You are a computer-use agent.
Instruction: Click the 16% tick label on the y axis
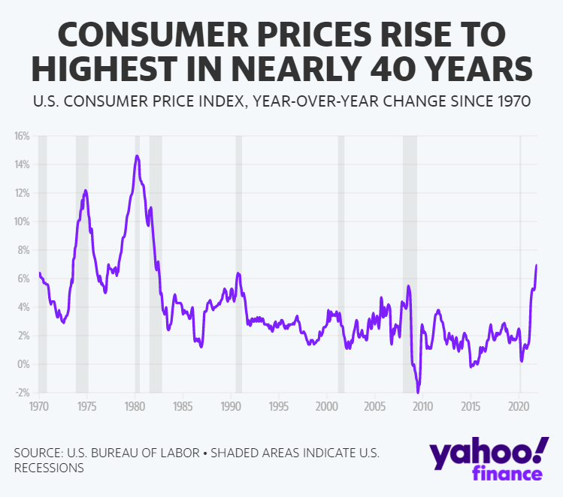pyautogui.click(x=20, y=136)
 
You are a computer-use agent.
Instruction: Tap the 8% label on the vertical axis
pyautogui.click(x=22, y=250)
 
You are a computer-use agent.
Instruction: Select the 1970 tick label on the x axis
pyautogui.click(x=38, y=406)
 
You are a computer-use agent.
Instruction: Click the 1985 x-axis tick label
pyautogui.click(x=183, y=406)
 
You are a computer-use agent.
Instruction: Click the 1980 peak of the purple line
pyautogui.click(x=137, y=156)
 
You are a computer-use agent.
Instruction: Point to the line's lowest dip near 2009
pyautogui.click(x=419, y=392)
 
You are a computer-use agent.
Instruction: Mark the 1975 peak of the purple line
pyautogui.click(x=86, y=191)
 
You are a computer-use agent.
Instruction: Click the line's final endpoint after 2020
pyautogui.click(x=536, y=265)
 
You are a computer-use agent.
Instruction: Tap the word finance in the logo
pyautogui.click(x=507, y=474)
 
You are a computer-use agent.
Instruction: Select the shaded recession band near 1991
pyautogui.click(x=239, y=263)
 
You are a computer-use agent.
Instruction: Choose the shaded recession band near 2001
pyautogui.click(x=341, y=263)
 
